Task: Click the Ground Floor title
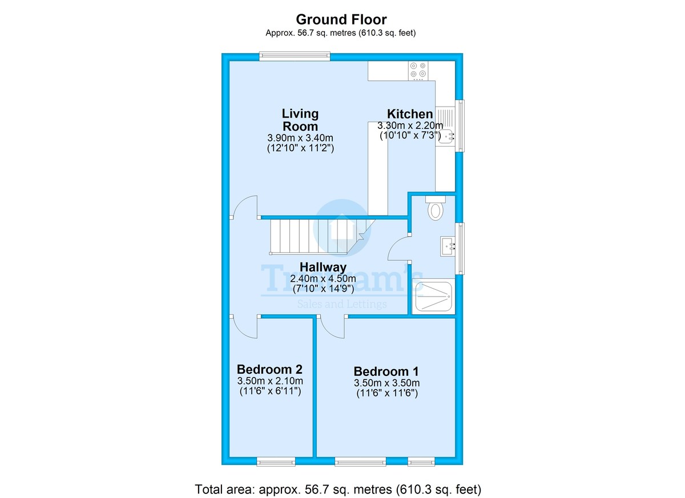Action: pos(341,20)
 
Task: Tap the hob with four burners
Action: pos(418,71)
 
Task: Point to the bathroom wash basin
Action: pos(448,246)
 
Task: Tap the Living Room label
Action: pos(300,120)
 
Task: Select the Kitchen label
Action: pos(410,114)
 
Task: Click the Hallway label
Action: pos(323,267)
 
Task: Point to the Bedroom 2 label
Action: pos(269,370)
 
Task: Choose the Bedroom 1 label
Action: pos(386,371)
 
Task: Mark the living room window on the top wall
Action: pos(295,56)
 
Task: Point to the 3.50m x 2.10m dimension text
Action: pos(270,381)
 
